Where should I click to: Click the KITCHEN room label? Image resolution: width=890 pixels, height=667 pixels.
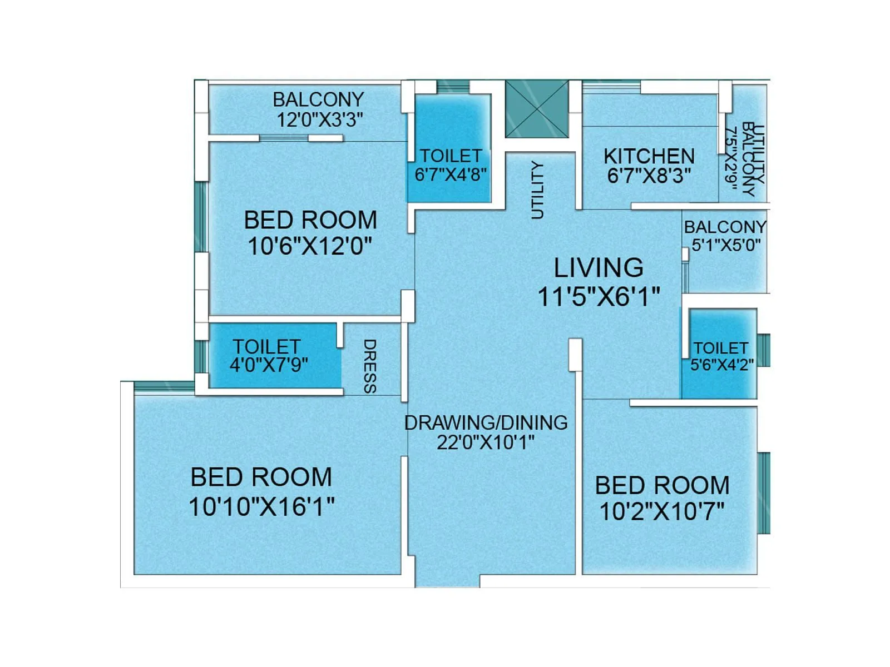(649, 156)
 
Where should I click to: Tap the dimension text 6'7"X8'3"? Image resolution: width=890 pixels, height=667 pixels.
(649, 176)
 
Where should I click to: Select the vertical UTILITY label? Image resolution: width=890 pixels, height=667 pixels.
(537, 190)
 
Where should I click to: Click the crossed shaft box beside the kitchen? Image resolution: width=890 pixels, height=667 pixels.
(537, 108)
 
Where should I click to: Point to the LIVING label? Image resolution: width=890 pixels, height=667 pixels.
(599, 268)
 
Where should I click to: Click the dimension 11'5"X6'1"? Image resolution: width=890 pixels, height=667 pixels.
(599, 296)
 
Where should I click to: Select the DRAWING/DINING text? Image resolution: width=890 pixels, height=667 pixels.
(486, 423)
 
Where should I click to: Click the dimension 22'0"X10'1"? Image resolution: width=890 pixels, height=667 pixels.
(486, 443)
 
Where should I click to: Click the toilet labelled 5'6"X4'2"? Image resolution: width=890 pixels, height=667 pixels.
(721, 356)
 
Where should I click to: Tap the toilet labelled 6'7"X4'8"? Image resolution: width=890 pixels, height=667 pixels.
(451, 165)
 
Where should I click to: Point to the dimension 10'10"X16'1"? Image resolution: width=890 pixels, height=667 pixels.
(261, 507)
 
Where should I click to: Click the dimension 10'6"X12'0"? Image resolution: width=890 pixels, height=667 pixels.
(310, 246)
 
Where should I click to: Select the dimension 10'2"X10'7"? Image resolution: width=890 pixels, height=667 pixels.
(662, 511)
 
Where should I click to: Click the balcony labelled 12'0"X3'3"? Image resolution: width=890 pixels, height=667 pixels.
(319, 109)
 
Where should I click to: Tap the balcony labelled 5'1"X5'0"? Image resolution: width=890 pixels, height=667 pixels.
(725, 236)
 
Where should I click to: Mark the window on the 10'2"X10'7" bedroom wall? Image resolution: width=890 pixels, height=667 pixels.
(764, 492)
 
